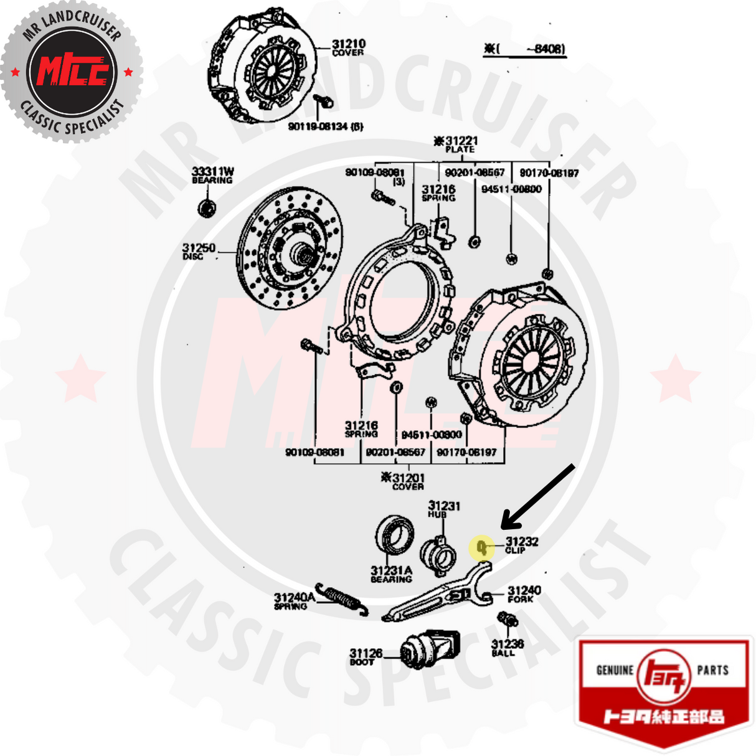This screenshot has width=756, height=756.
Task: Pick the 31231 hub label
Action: [443, 509]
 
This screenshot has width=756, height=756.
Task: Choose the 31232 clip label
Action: [521, 545]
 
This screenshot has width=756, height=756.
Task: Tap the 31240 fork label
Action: [524, 593]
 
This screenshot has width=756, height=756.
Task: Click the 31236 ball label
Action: [507, 646]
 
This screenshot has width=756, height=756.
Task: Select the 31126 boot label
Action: [366, 656]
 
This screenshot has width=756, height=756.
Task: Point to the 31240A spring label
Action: [294, 600]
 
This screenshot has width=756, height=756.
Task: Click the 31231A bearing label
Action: [391, 574]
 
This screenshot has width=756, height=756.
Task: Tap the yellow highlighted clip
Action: [481, 548]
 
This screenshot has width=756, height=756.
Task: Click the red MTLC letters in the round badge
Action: [72, 70]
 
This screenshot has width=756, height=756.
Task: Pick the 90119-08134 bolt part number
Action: [325, 126]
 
